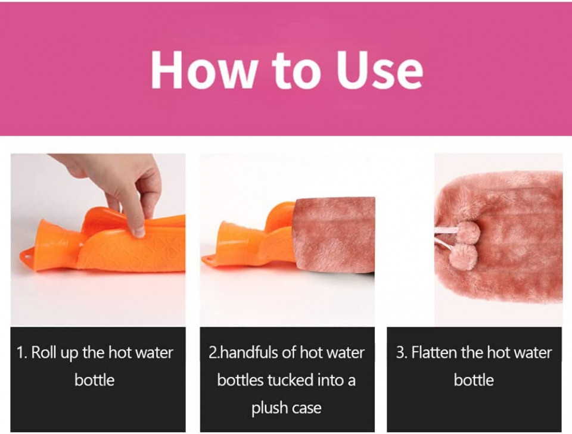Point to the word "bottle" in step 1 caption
[x=95, y=380]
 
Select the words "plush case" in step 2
[x=287, y=408]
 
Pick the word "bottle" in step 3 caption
[x=474, y=380]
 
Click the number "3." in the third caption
[x=402, y=352]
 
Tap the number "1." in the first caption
[x=21, y=352]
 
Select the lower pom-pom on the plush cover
[x=461, y=255]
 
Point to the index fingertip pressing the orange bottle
[x=138, y=232]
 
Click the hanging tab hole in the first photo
[x=27, y=255]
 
